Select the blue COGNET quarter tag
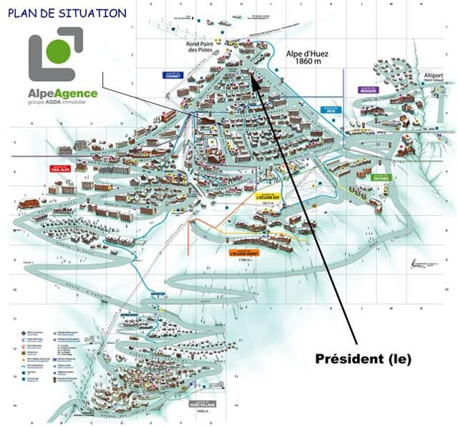(x=172, y=75)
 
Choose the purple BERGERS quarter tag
(x=368, y=90)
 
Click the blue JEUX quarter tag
(x=330, y=110)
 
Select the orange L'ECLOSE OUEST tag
(x=244, y=253)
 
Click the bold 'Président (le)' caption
(x=364, y=358)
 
